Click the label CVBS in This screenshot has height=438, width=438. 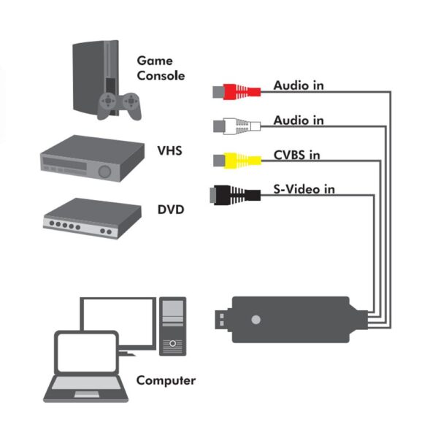[x=297, y=155]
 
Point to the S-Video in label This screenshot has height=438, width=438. [x=304, y=189]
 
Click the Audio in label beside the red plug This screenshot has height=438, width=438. [x=299, y=85]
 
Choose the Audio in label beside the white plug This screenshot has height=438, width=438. [x=299, y=120]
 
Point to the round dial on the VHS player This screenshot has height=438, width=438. [x=106, y=172]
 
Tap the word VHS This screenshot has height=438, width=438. [x=169, y=152]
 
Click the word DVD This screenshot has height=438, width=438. [x=171, y=210]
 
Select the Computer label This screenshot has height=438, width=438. [x=166, y=380]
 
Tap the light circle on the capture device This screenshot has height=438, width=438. [x=255, y=320]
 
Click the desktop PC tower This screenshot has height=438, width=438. [x=173, y=326]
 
